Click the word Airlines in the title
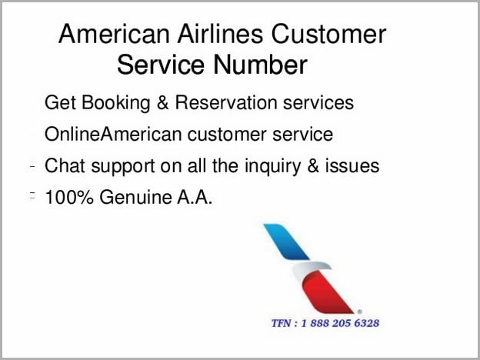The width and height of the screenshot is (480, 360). point(220,34)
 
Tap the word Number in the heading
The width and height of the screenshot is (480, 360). point(260,65)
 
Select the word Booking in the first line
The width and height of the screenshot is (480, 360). point(115,103)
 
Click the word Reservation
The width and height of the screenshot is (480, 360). point(226,102)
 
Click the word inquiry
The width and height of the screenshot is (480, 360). point(272,166)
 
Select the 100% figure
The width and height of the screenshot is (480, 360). point(69,197)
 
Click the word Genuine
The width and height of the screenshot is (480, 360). point(135,197)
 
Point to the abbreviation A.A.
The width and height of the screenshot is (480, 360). point(195,197)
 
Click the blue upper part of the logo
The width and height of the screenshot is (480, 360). point(286,242)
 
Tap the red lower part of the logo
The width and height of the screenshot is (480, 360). point(326,293)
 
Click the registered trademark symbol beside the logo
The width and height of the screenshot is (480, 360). point(359,312)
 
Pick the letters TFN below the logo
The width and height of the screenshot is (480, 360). point(282,323)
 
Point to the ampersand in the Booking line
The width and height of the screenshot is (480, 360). point(162,102)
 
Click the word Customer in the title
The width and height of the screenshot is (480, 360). point(328,34)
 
